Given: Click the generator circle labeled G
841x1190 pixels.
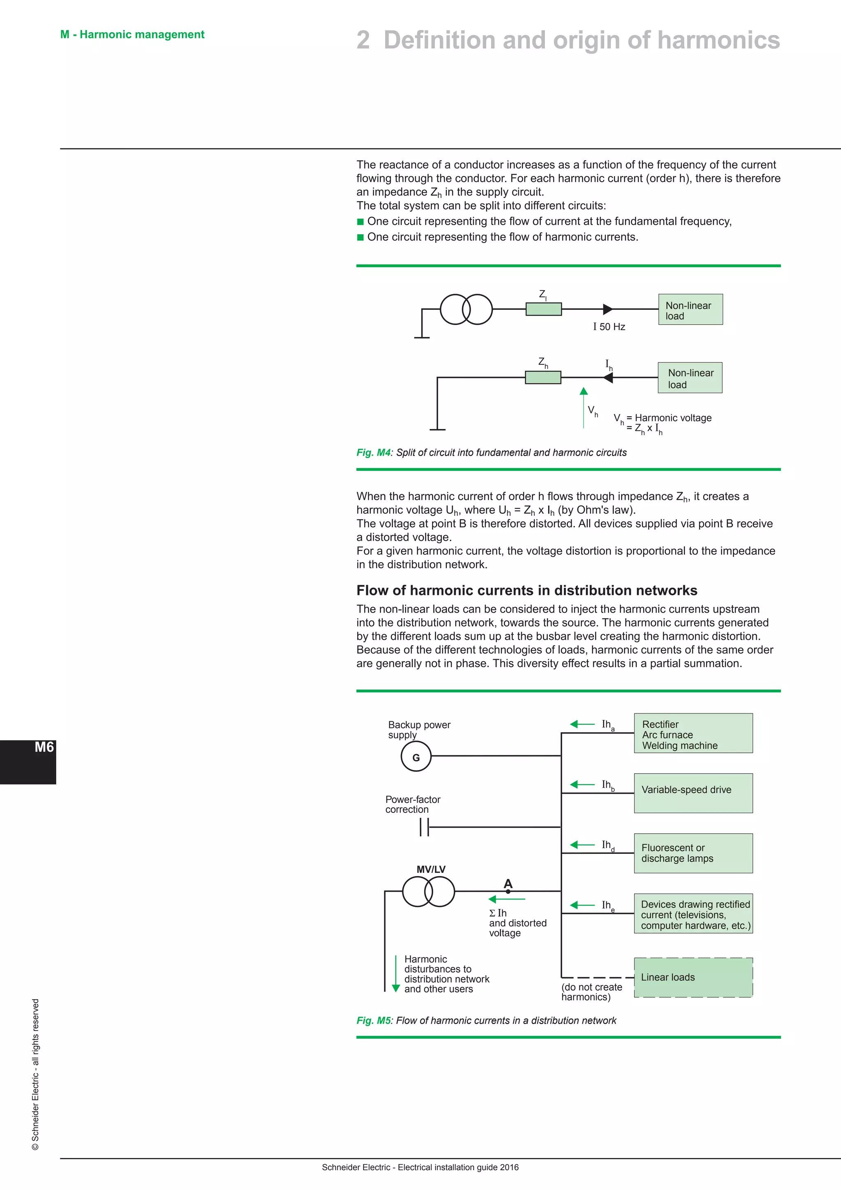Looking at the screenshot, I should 416,757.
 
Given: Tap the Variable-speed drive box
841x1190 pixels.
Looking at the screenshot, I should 693,793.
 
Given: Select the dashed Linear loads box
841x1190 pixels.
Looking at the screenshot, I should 693,977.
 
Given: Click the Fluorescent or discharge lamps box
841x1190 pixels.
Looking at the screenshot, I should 693,853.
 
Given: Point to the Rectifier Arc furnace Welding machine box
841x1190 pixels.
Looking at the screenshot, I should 693,733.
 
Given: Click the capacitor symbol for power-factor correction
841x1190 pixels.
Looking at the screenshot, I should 424,827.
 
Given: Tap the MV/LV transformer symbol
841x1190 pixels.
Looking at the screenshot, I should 428,891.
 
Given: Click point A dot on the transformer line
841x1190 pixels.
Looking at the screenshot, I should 508,891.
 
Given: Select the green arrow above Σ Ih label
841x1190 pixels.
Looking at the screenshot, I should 506,899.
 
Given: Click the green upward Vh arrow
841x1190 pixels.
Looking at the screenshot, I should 584,407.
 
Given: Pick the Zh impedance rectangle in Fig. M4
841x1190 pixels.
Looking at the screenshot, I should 543,377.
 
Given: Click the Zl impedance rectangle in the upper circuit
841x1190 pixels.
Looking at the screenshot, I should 543,309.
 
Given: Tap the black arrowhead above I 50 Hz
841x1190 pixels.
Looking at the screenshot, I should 607,309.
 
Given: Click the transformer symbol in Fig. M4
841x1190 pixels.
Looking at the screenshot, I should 466,309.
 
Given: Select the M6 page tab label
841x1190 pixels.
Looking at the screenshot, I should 44,747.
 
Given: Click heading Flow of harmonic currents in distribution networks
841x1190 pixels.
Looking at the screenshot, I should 527,590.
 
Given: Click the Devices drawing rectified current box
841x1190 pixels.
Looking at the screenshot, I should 693,914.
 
